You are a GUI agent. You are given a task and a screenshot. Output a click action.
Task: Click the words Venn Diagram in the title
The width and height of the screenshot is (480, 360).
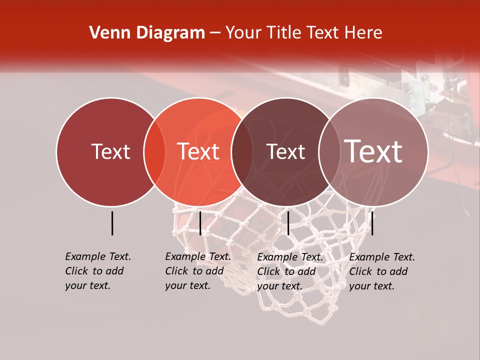147,33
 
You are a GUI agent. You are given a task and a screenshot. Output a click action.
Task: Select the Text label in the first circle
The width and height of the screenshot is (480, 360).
110,151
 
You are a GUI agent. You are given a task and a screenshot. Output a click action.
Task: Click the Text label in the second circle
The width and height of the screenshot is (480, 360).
198,151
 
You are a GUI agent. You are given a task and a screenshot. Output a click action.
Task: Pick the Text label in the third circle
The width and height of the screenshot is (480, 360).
285,151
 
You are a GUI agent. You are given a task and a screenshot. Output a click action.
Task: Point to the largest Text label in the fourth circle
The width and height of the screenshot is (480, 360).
373,151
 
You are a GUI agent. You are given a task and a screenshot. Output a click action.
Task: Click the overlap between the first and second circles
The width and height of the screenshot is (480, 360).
154,152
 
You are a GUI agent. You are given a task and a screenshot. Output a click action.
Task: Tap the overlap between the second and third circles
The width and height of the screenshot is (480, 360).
242,152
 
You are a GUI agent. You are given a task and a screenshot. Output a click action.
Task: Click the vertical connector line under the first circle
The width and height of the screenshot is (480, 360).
112,223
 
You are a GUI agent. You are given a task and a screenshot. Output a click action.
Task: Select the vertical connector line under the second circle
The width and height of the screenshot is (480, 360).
200,223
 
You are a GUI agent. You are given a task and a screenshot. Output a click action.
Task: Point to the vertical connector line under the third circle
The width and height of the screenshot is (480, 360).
288,223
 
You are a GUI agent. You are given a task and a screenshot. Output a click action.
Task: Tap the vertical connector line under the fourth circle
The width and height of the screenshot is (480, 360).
372,223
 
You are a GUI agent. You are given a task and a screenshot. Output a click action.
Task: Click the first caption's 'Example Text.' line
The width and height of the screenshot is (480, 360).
98,256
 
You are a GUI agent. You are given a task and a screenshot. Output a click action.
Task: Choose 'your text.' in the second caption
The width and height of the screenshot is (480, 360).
187,285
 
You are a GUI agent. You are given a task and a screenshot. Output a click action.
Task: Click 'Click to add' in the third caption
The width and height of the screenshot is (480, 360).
286,271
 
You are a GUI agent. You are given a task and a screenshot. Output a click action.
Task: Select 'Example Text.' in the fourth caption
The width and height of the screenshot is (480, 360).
382,257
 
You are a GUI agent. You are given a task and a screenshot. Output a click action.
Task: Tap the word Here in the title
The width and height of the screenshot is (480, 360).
364,33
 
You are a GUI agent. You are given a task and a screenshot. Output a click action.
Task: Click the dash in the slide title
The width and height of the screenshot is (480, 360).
215,33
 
